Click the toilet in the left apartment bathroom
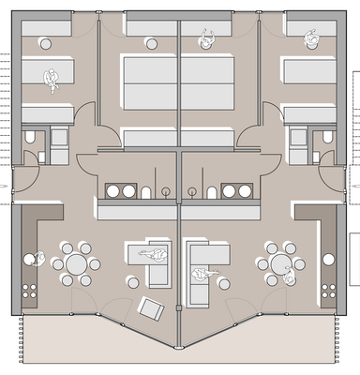30,138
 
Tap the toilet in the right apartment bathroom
328,138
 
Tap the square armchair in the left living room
149,307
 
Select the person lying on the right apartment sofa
200,274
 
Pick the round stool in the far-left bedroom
45,42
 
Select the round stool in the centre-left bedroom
151,43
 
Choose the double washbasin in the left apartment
120,191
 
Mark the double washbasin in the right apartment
237,191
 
